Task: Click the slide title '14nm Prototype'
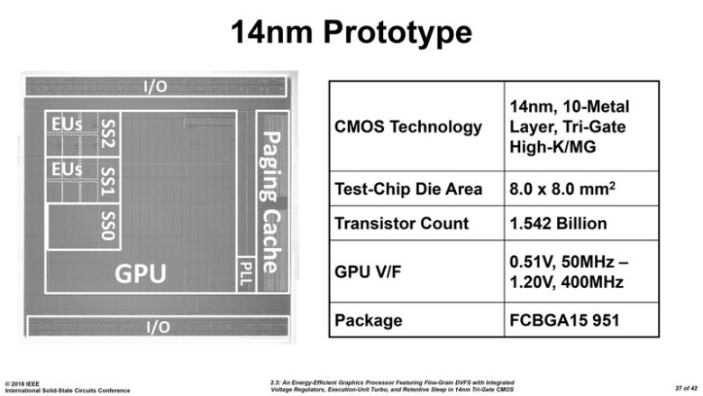pos(351,33)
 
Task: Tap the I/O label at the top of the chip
pos(155,87)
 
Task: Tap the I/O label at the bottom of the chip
pos(157,327)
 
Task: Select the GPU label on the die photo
pos(140,273)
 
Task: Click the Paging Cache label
pos(269,200)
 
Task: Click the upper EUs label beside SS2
pos(67,122)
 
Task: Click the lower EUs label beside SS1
pos(67,169)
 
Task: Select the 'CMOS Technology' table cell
pos(408,126)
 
